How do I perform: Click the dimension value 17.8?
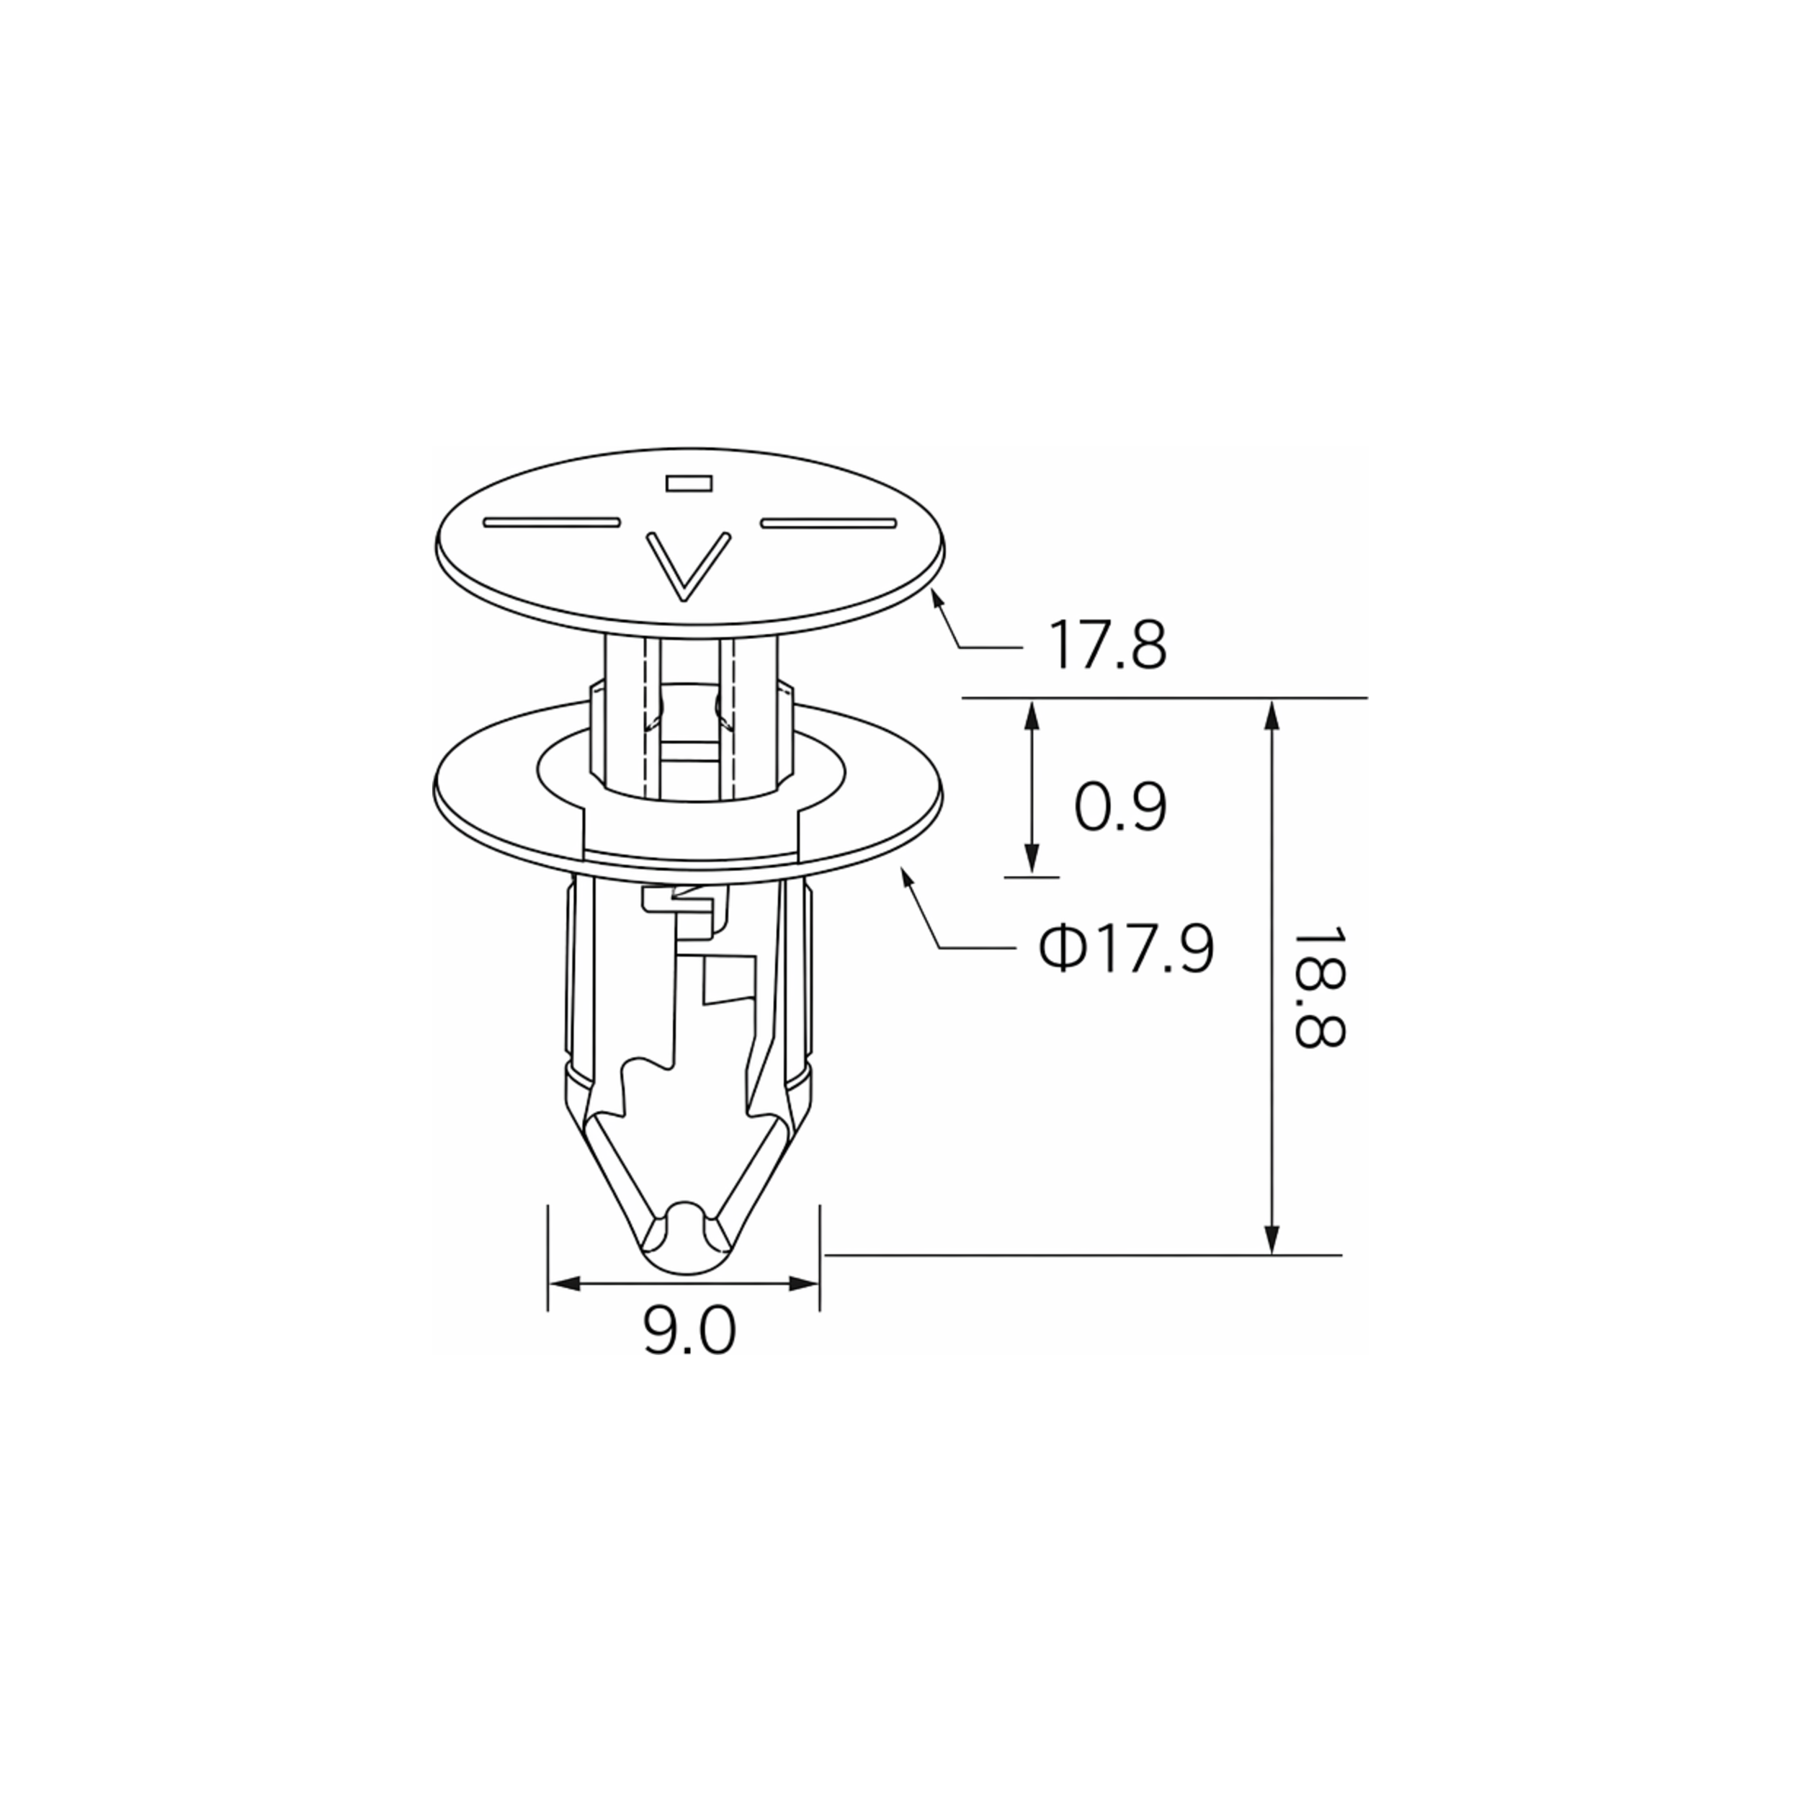coord(1107,645)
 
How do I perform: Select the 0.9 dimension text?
coord(1120,808)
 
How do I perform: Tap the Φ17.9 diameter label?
coord(1127,950)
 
